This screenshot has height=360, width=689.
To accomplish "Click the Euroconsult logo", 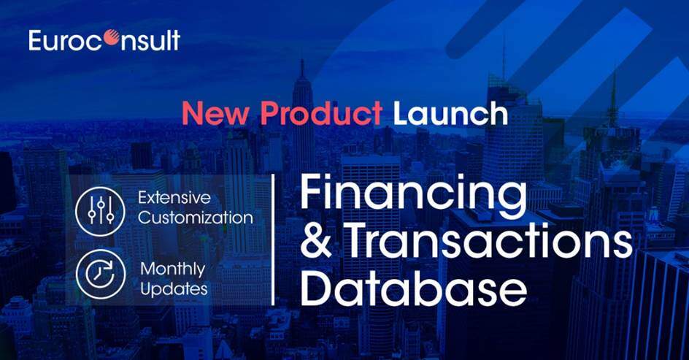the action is (104, 40).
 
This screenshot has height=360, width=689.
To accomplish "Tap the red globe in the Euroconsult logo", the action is (111, 38).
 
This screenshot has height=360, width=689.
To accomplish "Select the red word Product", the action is (321, 113).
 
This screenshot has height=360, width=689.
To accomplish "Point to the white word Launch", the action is (450, 113).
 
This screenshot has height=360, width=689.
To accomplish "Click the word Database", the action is (414, 288).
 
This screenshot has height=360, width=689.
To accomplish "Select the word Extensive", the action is (174, 197).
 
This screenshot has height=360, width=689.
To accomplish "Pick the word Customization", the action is (196, 218).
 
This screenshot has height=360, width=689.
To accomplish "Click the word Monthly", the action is (173, 269).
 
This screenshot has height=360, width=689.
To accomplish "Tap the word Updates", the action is (174, 288).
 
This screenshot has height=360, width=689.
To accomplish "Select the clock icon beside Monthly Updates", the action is (101, 275).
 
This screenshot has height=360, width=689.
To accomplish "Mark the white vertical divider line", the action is (273, 240).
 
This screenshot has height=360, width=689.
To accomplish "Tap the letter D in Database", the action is (315, 288).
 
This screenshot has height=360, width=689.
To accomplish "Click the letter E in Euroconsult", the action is (35, 40).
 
